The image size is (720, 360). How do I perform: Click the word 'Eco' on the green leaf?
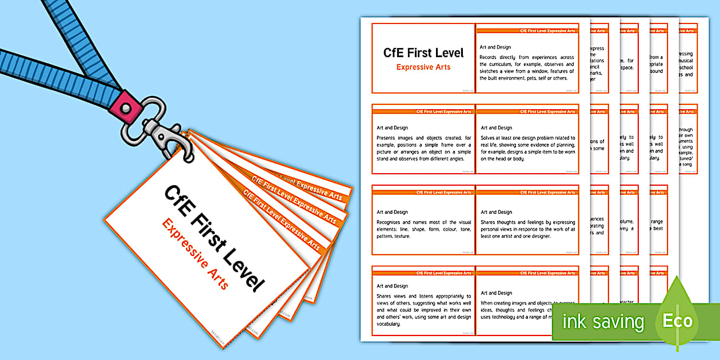click(x=677, y=321)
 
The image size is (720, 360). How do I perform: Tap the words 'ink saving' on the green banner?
click(x=603, y=322)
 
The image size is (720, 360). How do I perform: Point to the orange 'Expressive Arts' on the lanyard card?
click(x=195, y=254)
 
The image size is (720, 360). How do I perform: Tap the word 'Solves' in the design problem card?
click(x=489, y=138)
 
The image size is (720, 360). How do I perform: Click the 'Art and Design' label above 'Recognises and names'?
click(x=392, y=212)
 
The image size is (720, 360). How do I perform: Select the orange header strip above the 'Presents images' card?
click(x=423, y=111)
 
